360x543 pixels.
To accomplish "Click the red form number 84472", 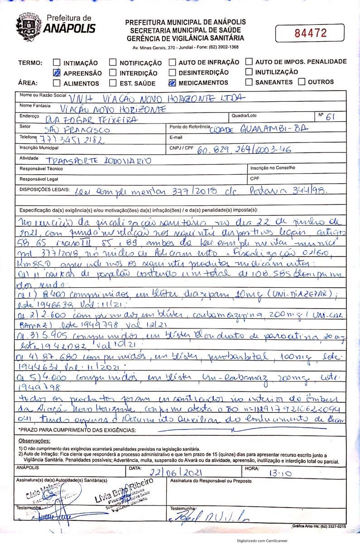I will point(311,33).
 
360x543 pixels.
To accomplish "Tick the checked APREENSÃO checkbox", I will point(57,72).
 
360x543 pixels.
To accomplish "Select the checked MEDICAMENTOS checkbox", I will point(172,83).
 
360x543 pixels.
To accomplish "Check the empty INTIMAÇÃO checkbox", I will point(57,62).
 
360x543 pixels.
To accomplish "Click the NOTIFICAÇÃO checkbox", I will point(113,62).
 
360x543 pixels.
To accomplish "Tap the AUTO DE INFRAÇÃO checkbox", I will point(172,62).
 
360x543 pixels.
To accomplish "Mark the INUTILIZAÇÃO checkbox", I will point(249,71).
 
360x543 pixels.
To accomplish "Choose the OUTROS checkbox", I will point(302,82).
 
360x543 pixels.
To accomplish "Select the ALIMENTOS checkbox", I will point(57,83).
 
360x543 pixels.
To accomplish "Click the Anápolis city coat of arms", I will point(29,27).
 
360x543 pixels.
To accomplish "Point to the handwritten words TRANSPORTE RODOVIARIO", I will point(98,161).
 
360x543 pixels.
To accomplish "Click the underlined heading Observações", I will point(34,441).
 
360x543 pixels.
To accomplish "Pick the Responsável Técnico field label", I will point(41,168).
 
